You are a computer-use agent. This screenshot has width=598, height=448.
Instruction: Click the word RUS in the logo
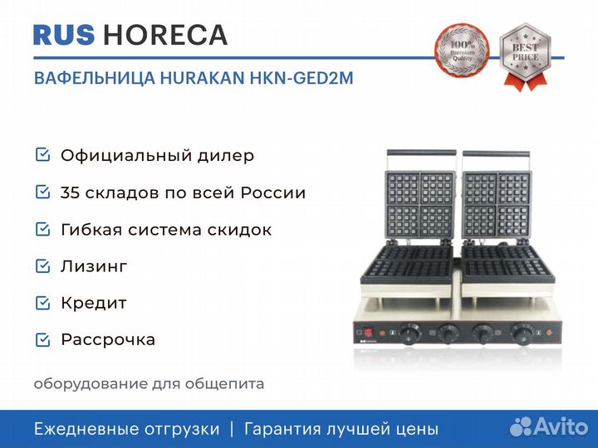64,35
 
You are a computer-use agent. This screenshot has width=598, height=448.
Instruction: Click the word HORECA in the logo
165,35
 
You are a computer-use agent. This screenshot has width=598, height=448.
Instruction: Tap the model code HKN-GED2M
301,78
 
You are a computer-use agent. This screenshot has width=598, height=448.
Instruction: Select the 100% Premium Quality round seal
462,51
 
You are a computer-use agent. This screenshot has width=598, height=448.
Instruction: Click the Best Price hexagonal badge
525,56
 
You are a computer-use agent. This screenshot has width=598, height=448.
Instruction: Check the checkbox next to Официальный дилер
42,154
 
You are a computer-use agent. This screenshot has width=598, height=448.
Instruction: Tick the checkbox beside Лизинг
42,265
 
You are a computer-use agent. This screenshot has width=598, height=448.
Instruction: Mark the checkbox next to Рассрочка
42,339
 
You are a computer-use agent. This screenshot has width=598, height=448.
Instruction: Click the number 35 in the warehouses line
70,192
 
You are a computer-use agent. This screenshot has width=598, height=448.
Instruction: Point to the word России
273,192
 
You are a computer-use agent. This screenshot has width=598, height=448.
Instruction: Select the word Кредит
93,304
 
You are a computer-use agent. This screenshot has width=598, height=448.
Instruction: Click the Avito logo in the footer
549,426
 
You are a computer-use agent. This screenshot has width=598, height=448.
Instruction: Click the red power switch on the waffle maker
368,332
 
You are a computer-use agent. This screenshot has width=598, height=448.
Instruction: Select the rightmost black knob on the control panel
522,334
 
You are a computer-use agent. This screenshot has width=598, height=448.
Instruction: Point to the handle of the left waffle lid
422,153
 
